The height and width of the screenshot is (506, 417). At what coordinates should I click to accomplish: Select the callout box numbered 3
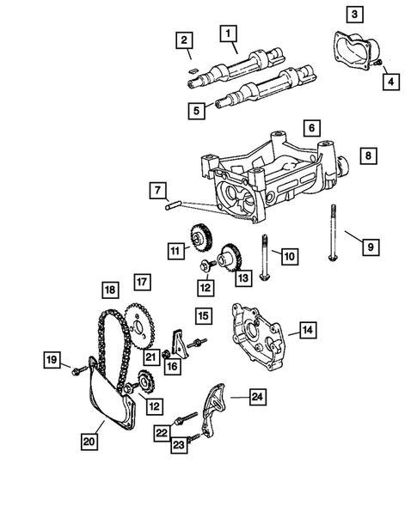[354, 13]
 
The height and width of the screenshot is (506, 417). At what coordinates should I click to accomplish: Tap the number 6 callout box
[310, 127]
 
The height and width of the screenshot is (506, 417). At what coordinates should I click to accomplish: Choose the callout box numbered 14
[307, 329]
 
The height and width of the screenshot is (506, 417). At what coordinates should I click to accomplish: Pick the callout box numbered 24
[257, 396]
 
